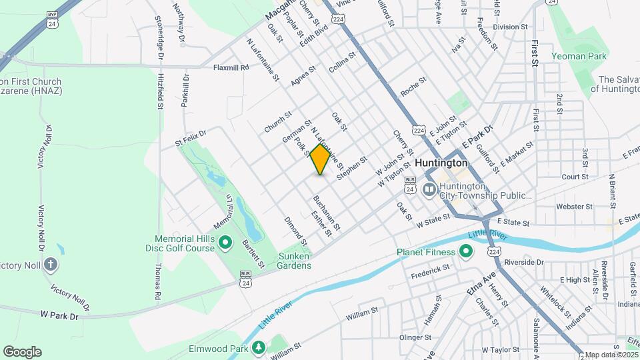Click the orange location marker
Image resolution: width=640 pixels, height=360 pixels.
click(321, 159)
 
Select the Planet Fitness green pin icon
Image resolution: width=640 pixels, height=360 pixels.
click(465, 252)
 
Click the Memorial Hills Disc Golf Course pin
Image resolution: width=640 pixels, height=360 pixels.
click(225, 242)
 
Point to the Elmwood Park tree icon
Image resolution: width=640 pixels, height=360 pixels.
click(258, 347)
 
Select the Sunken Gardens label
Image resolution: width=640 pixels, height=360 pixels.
click(295, 261)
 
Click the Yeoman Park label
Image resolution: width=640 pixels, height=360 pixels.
click(579, 57)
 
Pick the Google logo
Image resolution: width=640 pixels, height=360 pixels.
click(22, 351)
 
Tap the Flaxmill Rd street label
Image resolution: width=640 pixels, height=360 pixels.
click(231, 67)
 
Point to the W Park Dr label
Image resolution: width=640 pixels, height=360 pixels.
click(59, 314)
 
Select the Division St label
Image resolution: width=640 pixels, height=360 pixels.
click(510, 27)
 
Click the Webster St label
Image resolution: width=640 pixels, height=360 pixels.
click(569, 207)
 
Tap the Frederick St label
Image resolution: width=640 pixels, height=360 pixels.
click(431, 271)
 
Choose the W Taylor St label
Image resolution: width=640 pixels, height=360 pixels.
click(500, 349)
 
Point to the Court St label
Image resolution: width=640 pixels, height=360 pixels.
click(575, 177)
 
